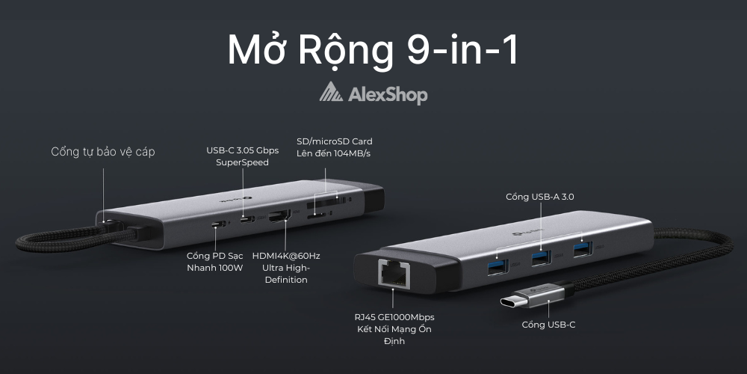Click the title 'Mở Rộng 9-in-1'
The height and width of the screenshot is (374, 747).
coord(373,50)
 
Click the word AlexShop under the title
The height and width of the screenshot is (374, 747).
coord(388,94)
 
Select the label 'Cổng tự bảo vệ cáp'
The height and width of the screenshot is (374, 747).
coord(103,152)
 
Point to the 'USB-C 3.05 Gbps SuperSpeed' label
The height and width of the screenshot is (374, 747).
coord(242,156)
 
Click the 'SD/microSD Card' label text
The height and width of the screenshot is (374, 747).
coord(334,141)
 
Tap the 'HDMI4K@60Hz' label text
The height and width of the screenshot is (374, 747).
coord(285,256)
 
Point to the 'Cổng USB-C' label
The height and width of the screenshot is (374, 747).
coord(548,325)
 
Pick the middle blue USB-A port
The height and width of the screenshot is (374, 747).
coord(539,258)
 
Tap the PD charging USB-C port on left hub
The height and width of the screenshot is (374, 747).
coord(219,224)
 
